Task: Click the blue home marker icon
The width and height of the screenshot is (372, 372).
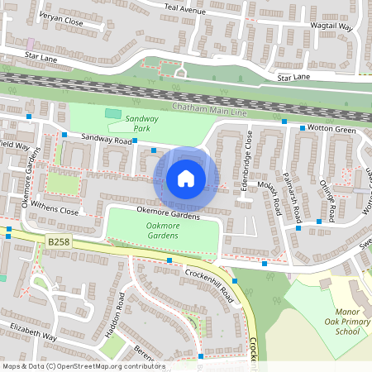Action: (x=186, y=178)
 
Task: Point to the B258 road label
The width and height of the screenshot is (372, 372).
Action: (x=55, y=241)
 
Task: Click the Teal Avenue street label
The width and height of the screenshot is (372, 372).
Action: (x=184, y=10)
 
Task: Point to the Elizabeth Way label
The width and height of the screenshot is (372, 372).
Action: (x=33, y=337)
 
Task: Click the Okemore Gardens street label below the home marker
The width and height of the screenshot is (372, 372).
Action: (x=169, y=215)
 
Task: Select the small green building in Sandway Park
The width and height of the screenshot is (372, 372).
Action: (x=112, y=113)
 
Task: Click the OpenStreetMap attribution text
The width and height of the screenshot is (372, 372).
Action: (x=83, y=366)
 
